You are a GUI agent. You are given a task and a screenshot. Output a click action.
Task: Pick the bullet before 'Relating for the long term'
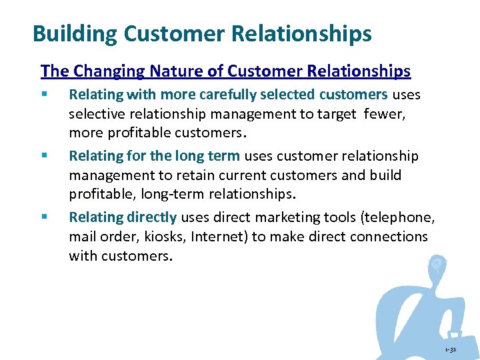tap(43, 157)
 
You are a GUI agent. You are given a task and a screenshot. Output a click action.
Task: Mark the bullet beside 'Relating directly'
tap(43, 217)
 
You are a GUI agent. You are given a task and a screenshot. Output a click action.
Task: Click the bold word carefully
tap(229, 95)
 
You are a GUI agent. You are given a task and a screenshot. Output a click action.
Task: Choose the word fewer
tap(386, 113)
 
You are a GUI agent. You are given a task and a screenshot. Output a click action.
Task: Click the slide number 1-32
tap(450, 349)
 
